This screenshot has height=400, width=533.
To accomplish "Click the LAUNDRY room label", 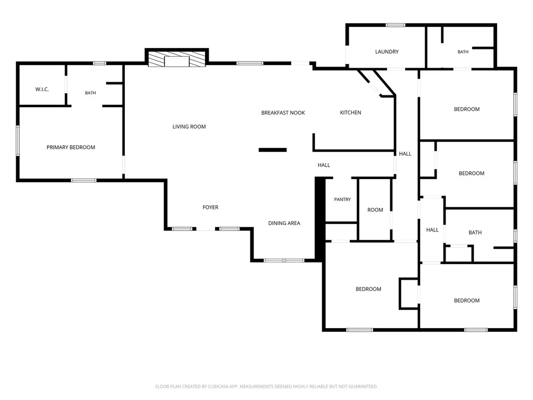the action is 387,52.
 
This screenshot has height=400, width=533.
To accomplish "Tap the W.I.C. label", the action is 42,90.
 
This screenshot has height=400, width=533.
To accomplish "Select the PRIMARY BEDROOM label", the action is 71,147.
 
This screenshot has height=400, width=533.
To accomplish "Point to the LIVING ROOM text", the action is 189,127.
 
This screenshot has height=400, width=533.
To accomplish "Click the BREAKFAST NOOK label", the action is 283,113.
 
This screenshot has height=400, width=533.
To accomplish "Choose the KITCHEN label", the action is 350,113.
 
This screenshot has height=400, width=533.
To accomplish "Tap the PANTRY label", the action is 342,199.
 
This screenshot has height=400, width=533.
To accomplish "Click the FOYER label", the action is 210,207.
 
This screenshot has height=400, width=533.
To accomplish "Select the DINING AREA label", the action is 284,223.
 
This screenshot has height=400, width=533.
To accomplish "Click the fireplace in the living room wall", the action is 177,59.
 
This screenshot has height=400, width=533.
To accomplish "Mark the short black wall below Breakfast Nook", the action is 273,149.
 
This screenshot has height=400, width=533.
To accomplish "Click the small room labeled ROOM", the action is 375,210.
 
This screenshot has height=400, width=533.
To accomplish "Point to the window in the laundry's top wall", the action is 396,25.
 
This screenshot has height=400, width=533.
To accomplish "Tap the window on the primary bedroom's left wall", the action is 18,141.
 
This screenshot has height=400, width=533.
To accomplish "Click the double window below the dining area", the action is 284,260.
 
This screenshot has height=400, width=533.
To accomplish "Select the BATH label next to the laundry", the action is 463,52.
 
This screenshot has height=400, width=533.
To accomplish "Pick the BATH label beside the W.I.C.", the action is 91,93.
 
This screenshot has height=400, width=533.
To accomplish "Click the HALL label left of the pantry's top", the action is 324,165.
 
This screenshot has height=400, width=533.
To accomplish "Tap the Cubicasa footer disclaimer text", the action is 266,386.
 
